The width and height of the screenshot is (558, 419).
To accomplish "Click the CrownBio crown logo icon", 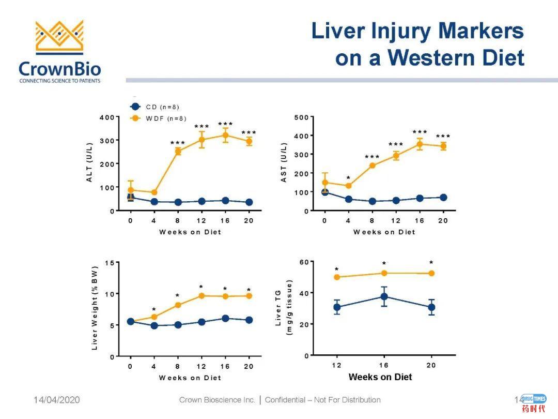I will pyautogui.click(x=59, y=37).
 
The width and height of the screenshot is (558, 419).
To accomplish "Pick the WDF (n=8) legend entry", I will pyautogui.click(x=158, y=118).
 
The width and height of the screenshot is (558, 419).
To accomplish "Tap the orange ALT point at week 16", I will pyautogui.click(x=225, y=135).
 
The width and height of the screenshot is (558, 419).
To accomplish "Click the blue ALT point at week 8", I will pyautogui.click(x=178, y=202).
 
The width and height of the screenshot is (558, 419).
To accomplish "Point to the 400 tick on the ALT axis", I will pyautogui.click(x=107, y=117).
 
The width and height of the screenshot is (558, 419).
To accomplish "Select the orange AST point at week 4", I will pyautogui.click(x=348, y=186).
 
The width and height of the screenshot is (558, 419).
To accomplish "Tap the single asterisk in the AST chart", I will pyautogui.click(x=348, y=178).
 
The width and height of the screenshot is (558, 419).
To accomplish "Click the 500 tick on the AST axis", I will pyautogui.click(x=301, y=117).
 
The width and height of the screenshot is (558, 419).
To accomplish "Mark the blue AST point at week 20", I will pyautogui.click(x=443, y=198).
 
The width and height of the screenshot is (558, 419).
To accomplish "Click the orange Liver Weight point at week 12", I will pyautogui.click(x=202, y=296).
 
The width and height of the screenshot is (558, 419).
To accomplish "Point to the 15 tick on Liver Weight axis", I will pyautogui.click(x=110, y=263).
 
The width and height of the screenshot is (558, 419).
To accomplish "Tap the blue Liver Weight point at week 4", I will pyautogui.click(x=154, y=325).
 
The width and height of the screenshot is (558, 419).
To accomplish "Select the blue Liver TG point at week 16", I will pyautogui.click(x=384, y=296).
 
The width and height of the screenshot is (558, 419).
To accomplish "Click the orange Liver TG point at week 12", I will pyautogui.click(x=337, y=277).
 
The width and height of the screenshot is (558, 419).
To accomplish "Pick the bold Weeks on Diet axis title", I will pyautogui.click(x=380, y=377).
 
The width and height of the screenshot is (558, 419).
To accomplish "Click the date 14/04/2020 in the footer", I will pyautogui.click(x=57, y=400).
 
